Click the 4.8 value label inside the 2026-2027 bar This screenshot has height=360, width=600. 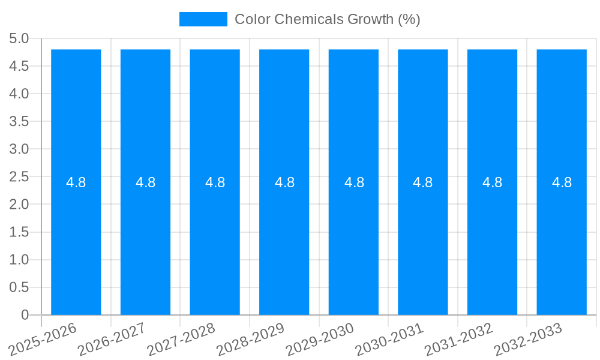(x=146, y=182)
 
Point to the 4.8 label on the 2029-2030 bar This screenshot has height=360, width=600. (x=354, y=182)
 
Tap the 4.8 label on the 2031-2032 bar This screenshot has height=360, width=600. (x=493, y=182)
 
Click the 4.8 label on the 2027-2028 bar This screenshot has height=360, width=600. (x=215, y=182)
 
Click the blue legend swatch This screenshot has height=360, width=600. (x=203, y=19)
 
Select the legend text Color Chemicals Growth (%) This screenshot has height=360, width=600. (x=327, y=19)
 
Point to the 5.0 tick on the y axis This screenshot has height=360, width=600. (x=19, y=39)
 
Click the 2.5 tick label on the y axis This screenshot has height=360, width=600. (x=19, y=177)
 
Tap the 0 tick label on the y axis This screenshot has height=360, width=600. (x=25, y=315)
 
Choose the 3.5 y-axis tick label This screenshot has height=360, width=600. (x=19, y=122)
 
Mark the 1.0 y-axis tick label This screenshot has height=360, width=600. (x=19, y=260)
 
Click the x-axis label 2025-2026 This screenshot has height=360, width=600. (x=43, y=339)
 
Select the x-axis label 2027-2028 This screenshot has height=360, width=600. (x=182, y=339)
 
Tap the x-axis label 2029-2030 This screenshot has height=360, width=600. (x=320, y=339)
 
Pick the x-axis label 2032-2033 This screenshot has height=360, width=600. (x=529, y=339)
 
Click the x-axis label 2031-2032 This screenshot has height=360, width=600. (x=459, y=339)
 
